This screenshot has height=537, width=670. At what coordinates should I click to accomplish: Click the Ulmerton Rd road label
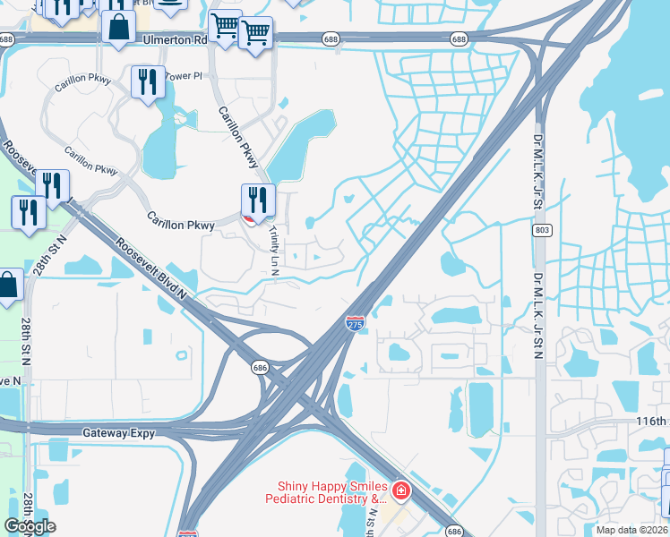coord(176,39)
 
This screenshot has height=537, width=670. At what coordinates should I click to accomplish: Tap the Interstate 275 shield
coord(356,323)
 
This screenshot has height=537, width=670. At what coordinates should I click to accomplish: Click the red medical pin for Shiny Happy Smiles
coord(400,490)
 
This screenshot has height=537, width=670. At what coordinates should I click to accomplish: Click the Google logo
coord(30,525)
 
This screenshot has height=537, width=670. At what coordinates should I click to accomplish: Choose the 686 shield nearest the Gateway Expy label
coord(260,367)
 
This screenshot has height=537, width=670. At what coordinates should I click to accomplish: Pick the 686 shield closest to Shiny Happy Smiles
coord(454,530)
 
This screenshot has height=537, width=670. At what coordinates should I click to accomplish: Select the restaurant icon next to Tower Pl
coord(147,81)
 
